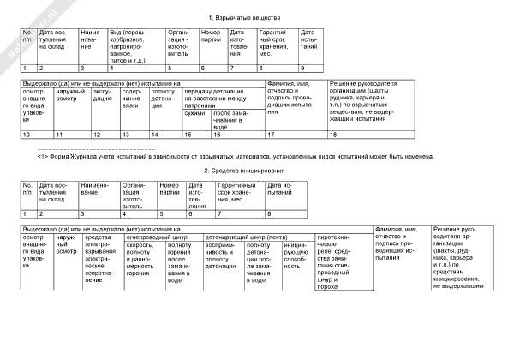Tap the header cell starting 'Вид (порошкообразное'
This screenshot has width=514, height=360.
click(136, 45)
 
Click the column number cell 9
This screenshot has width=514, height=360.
click(308, 67)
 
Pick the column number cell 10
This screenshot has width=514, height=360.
click(36, 135)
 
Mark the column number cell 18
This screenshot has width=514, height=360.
click(368, 135)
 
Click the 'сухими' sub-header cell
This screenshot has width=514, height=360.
click(196, 113)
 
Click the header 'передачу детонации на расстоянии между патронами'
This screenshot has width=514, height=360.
click(222, 95)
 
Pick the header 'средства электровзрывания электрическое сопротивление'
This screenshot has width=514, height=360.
click(104, 261)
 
